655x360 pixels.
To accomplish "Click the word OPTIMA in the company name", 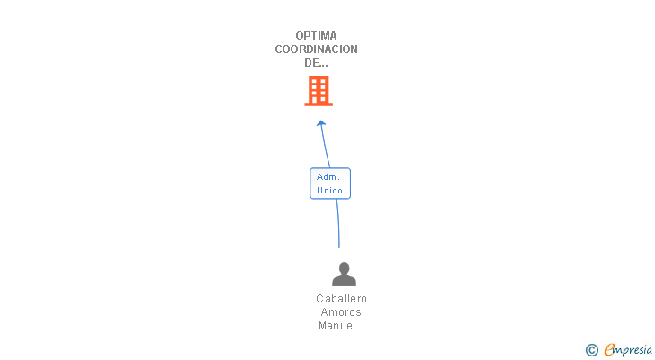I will pyautogui.click(x=316, y=36).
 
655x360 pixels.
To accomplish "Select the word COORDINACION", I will pyautogui.click(x=316, y=49).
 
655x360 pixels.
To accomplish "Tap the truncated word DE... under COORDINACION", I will pyautogui.click(x=316, y=63).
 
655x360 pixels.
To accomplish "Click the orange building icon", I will pyautogui.click(x=319, y=91).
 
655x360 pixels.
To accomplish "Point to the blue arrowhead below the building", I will pyautogui.click(x=321, y=123).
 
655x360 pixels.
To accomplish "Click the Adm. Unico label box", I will pyautogui.click(x=329, y=184).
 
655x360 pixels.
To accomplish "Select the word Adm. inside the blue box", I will pyautogui.click(x=327, y=177).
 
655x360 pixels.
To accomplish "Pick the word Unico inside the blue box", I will pyautogui.click(x=329, y=191).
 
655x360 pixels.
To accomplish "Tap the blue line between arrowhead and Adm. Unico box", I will pyautogui.click(x=324, y=146).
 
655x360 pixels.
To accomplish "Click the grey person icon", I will pyautogui.click(x=344, y=274).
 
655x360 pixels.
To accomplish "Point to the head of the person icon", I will pyautogui.click(x=344, y=267).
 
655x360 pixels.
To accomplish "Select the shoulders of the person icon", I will pyautogui.click(x=344, y=281).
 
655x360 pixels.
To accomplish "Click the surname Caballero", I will pyautogui.click(x=342, y=299).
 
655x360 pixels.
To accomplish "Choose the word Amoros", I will pyautogui.click(x=342, y=312).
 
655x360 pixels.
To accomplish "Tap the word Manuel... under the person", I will pyautogui.click(x=342, y=326).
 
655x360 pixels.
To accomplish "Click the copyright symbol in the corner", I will pyautogui.click(x=591, y=350).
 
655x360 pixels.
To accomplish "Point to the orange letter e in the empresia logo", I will pyautogui.click(x=609, y=350).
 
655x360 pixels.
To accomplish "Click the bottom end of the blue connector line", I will pyautogui.click(x=339, y=246).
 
